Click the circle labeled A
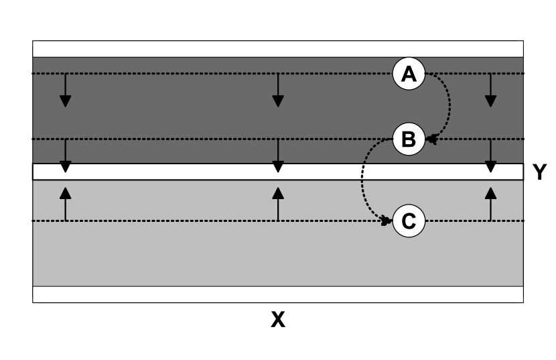pyautogui.click(x=409, y=74)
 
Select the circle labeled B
pyautogui.click(x=409, y=139)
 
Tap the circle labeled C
pyautogui.click(x=409, y=221)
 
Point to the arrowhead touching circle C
pyautogui.click(x=387, y=221)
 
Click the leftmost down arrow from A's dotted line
pyautogui.click(x=65, y=91)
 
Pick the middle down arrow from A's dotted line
pyautogui.click(x=278, y=91)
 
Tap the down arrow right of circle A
pyautogui.click(x=490, y=91)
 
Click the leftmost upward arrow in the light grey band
pyautogui.click(x=65, y=204)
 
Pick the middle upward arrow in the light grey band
pyautogui.click(x=278, y=204)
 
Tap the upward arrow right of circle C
pyautogui.click(x=490, y=204)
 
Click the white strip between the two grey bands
pyautogui.click(x=201, y=172)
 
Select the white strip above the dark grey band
pyautogui.click(x=201, y=49)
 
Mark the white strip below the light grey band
pyautogui.click(x=201, y=294)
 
